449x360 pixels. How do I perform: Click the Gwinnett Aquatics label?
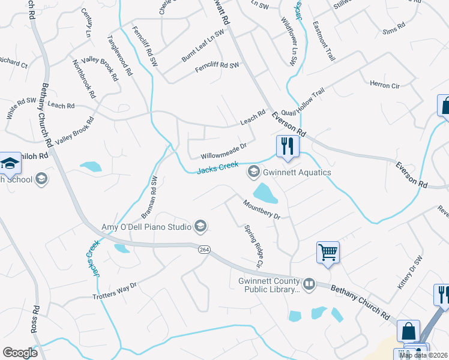coord(297,173)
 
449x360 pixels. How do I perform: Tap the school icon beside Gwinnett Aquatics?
coord(254,173)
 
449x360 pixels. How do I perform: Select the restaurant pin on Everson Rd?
coord(288,146)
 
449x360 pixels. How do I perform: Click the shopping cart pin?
coord(328,252)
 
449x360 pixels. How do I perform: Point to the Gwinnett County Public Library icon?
coord(309,284)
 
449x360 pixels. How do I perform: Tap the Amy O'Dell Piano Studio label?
coord(146,226)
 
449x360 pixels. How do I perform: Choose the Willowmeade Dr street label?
coord(224,150)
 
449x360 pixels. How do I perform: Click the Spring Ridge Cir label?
coord(254,246)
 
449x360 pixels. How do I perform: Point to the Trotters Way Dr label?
coord(115,290)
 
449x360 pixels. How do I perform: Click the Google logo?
coord(20,353)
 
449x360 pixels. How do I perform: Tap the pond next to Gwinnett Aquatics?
coord(265,193)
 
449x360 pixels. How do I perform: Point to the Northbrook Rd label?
coord(84,79)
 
